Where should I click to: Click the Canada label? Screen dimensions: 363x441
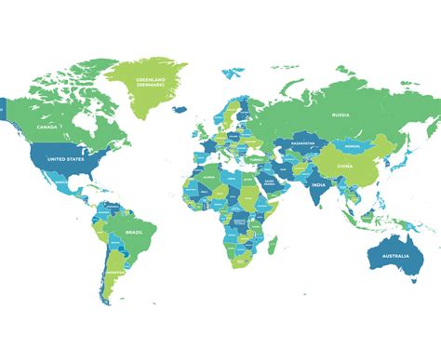click(47, 127)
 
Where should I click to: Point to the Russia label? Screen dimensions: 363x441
click(340, 114)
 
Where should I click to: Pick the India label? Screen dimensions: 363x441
click(317, 185)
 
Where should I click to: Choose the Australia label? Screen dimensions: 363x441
click(394, 254)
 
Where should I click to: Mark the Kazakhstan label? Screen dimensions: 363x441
click(304, 144)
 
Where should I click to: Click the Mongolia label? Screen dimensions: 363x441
click(351, 145)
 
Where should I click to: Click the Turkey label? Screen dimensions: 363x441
click(256, 159)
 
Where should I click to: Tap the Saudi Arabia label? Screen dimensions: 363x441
click(270, 183)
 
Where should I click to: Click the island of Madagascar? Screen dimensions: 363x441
click(274, 244)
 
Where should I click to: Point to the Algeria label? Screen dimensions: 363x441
click(209, 176)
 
